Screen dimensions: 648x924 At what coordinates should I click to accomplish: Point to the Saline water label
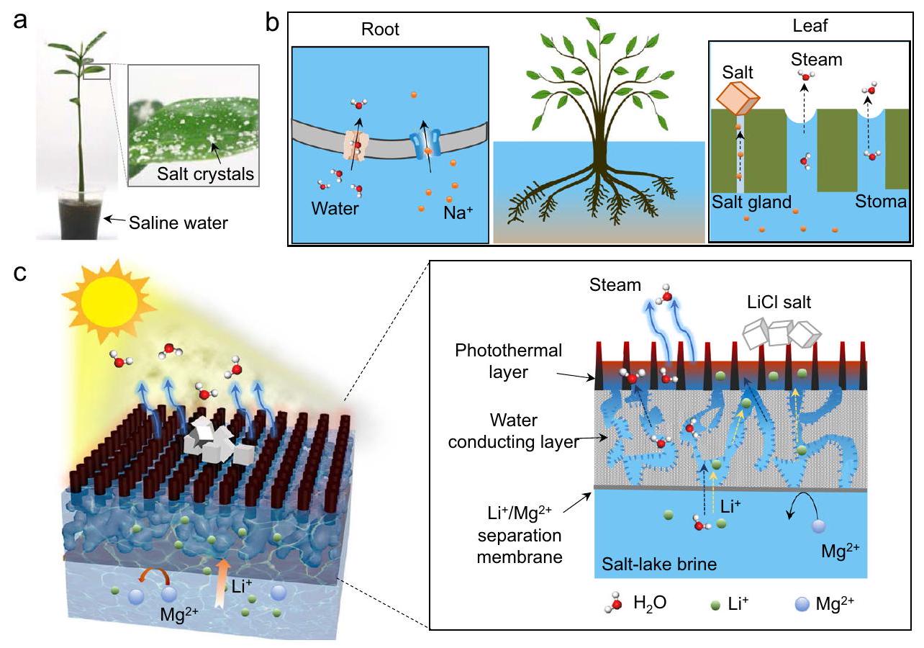[178, 222]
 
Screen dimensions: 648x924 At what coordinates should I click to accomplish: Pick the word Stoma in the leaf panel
[880, 202]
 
